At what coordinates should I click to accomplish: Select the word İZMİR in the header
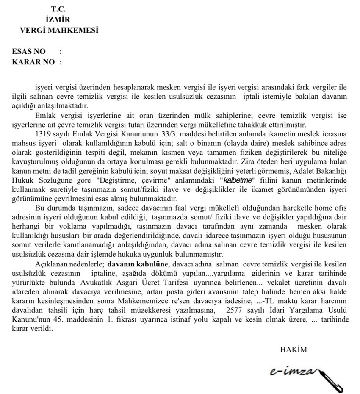[x=57, y=19]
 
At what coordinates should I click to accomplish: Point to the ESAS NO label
[x=29, y=52]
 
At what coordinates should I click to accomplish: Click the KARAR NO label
[x=33, y=62]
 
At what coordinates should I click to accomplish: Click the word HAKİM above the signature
[x=293, y=350]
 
